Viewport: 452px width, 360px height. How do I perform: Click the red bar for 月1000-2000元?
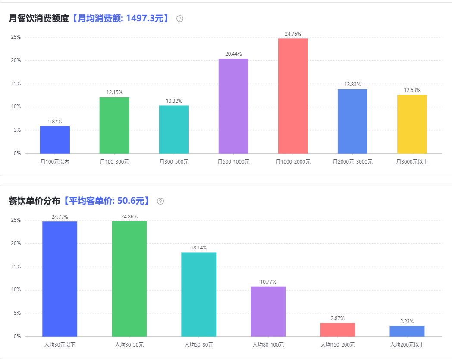tap(293, 96)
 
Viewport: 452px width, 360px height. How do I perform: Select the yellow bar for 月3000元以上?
tap(412, 124)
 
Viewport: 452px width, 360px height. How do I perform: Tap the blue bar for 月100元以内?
tap(55, 139)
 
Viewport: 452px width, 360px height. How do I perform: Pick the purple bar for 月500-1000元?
tap(233, 106)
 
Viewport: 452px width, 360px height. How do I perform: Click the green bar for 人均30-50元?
tap(129, 278)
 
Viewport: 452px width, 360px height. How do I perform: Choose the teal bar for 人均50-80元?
tap(198, 294)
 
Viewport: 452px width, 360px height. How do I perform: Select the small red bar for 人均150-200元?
tap(337, 329)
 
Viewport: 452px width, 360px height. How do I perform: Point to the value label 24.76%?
tap(293, 34)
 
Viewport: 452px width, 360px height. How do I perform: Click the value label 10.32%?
tap(174, 101)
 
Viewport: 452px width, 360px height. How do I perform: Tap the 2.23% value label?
tap(407, 321)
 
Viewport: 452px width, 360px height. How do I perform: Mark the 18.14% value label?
tap(198, 248)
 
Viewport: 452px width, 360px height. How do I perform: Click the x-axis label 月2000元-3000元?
tap(352, 162)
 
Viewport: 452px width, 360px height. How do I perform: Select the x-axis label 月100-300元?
tap(114, 162)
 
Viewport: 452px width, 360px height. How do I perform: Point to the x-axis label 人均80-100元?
tap(268, 345)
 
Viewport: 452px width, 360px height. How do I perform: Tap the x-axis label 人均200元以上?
tap(407, 345)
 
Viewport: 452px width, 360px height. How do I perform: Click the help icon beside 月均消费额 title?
tap(180, 19)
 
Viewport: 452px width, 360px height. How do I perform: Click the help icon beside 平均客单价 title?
tap(160, 201)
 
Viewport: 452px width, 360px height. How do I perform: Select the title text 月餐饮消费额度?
tap(39, 19)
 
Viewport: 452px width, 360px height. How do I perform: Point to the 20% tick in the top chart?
tap(16, 60)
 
